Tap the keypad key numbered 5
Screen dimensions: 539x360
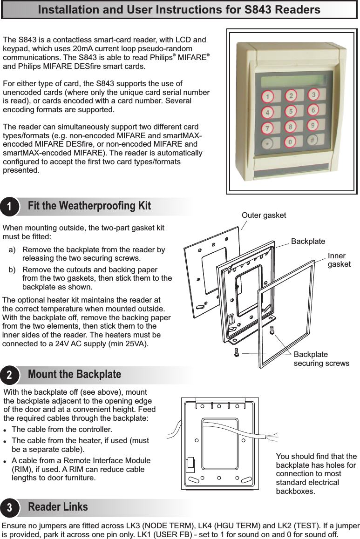point(291,112)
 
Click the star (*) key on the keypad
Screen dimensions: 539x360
point(267,143)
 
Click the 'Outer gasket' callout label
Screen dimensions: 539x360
point(264,215)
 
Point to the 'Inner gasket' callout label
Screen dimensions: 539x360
point(339,260)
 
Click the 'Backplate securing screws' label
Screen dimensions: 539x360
point(321,358)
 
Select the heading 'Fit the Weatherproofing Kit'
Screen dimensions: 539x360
point(89,206)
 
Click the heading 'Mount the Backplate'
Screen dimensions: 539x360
point(75,374)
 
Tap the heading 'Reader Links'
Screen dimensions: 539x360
point(58,506)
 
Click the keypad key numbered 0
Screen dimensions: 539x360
point(291,141)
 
